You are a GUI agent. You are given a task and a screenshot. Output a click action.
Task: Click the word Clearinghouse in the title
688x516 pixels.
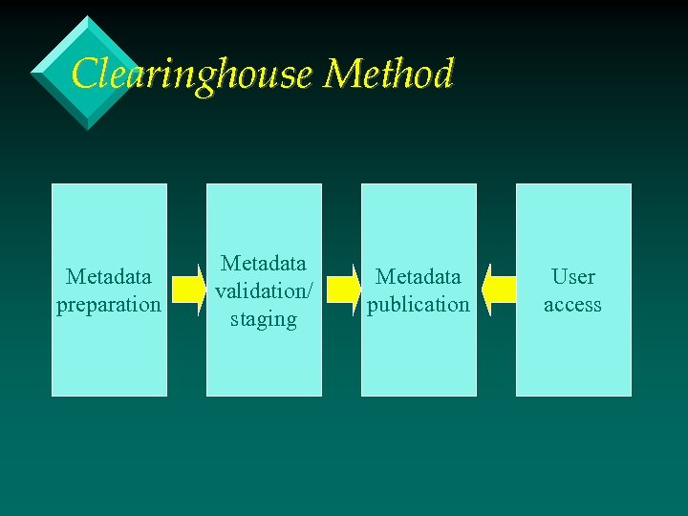pyautogui.click(x=192, y=75)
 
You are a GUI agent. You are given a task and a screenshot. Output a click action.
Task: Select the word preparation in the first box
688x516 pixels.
pyautogui.click(x=109, y=305)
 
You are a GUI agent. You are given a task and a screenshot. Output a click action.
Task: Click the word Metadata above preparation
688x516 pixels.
pyautogui.click(x=109, y=277)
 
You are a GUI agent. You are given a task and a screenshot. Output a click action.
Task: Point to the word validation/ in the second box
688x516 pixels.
pyautogui.click(x=264, y=290)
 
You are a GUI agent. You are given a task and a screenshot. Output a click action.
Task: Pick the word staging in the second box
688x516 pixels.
pyautogui.click(x=264, y=318)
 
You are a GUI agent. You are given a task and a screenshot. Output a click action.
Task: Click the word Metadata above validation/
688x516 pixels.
pyautogui.click(x=264, y=263)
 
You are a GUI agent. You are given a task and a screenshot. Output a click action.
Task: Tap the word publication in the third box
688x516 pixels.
pyautogui.click(x=419, y=305)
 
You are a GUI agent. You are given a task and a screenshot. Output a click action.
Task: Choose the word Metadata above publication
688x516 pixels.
pyautogui.click(x=419, y=277)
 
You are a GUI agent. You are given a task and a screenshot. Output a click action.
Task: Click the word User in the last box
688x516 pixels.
pyautogui.click(x=573, y=277)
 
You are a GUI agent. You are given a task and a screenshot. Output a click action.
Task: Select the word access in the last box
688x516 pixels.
pyautogui.click(x=573, y=305)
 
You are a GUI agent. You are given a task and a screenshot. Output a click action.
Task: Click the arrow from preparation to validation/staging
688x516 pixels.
pyautogui.click(x=188, y=290)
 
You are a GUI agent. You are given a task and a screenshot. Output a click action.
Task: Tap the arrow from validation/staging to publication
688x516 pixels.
pyautogui.click(x=341, y=290)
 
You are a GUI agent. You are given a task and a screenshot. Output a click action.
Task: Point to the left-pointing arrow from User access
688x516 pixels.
pyautogui.click(x=497, y=290)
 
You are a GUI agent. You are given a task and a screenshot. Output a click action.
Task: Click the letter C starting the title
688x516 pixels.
pyautogui.click(x=84, y=75)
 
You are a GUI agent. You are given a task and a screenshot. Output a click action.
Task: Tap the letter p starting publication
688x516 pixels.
pyautogui.click(x=373, y=306)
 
